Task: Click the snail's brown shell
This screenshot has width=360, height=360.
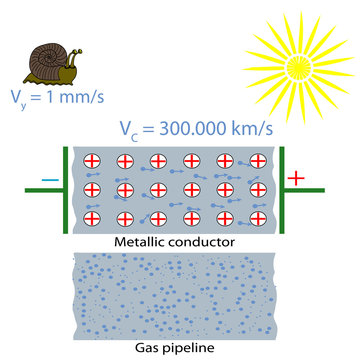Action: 46,59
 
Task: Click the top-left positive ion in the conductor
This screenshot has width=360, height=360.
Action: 93,160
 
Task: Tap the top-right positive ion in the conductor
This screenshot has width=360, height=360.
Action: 257,160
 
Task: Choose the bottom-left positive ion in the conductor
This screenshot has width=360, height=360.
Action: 93,218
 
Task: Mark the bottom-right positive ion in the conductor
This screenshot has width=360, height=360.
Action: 257,218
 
